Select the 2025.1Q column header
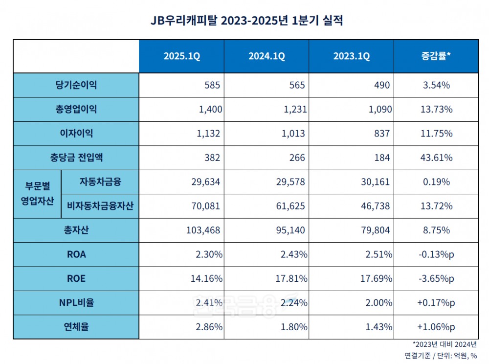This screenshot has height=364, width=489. (181, 56)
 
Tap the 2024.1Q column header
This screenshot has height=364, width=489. (267, 56)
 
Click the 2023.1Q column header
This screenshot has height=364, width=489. (352, 56)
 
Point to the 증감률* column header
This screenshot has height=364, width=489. (436, 56)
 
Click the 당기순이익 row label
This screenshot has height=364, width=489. (76, 85)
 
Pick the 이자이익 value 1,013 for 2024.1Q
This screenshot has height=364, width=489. (295, 134)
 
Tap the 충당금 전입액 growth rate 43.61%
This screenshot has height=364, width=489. (436, 158)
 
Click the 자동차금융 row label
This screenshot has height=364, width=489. (100, 182)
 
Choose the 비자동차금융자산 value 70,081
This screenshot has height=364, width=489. (207, 206)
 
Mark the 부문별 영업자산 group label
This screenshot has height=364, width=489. (37, 194)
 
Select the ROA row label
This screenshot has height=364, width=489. (76, 254)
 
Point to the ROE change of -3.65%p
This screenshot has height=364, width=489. (436, 279)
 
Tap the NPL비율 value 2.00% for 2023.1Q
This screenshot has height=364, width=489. (378, 303)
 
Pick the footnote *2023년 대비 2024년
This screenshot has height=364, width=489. (445, 344)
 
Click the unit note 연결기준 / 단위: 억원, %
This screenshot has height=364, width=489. (440, 355)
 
